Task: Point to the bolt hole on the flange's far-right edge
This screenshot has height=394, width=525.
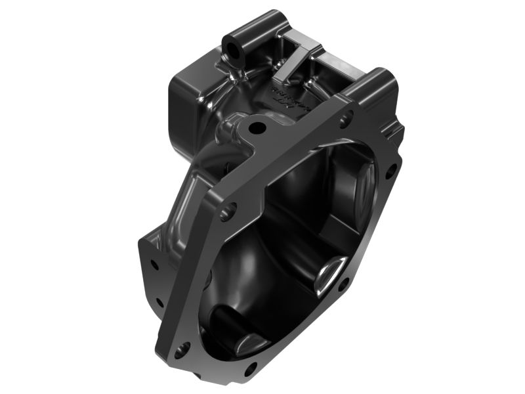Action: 391,173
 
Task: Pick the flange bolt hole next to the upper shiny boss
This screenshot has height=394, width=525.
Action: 342,284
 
